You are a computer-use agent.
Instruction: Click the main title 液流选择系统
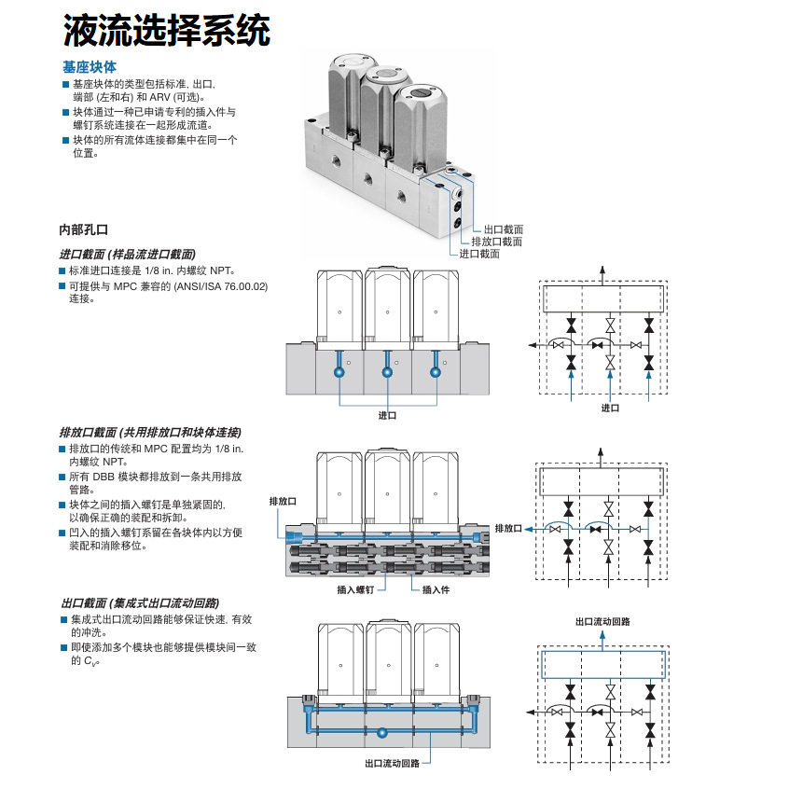(167, 30)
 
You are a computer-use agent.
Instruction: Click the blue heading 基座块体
(90, 67)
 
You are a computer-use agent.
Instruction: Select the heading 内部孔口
(84, 229)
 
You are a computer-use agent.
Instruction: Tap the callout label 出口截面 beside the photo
(504, 229)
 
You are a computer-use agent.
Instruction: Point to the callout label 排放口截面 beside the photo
(497, 242)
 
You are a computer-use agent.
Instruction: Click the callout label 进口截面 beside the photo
(479, 254)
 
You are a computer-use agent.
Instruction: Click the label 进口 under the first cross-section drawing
(387, 415)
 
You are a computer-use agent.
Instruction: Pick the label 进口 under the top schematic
(610, 408)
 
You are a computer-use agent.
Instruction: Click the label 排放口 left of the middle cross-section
(283, 501)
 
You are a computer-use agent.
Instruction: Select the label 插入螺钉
(355, 589)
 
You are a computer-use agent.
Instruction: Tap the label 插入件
(436, 589)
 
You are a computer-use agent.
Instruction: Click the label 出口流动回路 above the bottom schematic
(602, 621)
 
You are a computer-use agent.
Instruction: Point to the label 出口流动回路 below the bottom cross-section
(392, 763)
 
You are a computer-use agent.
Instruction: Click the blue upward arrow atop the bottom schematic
(602, 641)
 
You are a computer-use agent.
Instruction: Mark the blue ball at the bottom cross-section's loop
(382, 732)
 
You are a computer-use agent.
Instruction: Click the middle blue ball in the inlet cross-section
(387, 372)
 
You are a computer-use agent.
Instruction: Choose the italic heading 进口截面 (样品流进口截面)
(128, 254)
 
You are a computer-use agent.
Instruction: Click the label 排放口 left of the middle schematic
(508, 529)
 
